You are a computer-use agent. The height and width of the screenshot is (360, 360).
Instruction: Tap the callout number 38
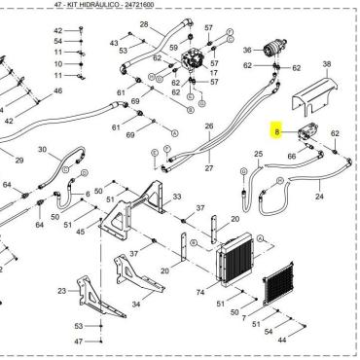click(x=327, y=64)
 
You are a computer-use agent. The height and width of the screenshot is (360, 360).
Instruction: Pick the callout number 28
click(x=144, y=24)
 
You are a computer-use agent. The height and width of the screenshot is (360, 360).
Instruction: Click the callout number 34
click(x=135, y=304)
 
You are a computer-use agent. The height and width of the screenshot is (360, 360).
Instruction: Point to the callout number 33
click(x=177, y=198)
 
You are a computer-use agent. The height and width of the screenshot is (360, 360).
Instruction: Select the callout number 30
click(x=41, y=150)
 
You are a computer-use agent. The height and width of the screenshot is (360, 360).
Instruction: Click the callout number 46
click(x=57, y=90)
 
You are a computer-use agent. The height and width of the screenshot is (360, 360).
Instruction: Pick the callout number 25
click(x=258, y=154)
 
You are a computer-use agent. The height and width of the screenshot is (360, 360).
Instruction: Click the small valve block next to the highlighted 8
click(x=301, y=136)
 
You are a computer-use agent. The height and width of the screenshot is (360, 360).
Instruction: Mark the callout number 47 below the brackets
click(x=79, y=342)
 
